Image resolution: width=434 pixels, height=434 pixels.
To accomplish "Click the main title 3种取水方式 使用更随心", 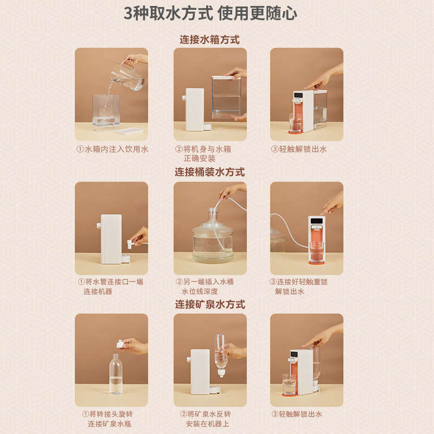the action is click(x=210, y=13).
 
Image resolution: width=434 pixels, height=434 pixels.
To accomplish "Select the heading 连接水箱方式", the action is click(x=209, y=40).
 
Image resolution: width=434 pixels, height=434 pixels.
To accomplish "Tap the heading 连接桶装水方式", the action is click(x=209, y=172).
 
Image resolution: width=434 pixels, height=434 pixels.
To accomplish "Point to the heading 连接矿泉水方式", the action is click(x=210, y=304).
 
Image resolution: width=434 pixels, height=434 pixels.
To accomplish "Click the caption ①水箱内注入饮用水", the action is click(x=112, y=149).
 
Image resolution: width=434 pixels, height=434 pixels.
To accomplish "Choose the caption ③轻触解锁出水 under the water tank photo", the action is click(x=299, y=149).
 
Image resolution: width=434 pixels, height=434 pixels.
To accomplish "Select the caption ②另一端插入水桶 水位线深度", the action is click(x=205, y=286).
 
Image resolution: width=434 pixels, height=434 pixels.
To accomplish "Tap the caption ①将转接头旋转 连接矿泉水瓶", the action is click(x=107, y=419).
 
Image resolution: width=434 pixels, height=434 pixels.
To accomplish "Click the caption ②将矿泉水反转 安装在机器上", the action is click(x=206, y=419).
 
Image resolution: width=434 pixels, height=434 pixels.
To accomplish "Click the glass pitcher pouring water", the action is click(x=127, y=75).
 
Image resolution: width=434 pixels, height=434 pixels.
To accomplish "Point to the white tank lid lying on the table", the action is click(x=130, y=131).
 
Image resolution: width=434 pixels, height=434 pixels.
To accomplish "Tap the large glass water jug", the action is click(x=213, y=238).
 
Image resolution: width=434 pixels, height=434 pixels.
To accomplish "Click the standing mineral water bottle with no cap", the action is click(x=116, y=374).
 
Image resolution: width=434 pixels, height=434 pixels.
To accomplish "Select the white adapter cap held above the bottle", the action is click(x=120, y=344).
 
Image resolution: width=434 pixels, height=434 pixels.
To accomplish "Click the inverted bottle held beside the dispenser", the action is click(x=221, y=356).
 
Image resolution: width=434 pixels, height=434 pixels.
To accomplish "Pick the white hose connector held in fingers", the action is click(x=131, y=244).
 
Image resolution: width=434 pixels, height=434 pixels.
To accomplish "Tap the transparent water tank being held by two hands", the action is click(x=226, y=97).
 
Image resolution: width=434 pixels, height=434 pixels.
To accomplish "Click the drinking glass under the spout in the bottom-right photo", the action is click(x=289, y=384).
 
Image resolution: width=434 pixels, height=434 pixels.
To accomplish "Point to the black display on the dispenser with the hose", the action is click(x=317, y=221).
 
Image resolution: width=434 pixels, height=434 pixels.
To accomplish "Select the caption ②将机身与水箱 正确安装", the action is click(x=203, y=154).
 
